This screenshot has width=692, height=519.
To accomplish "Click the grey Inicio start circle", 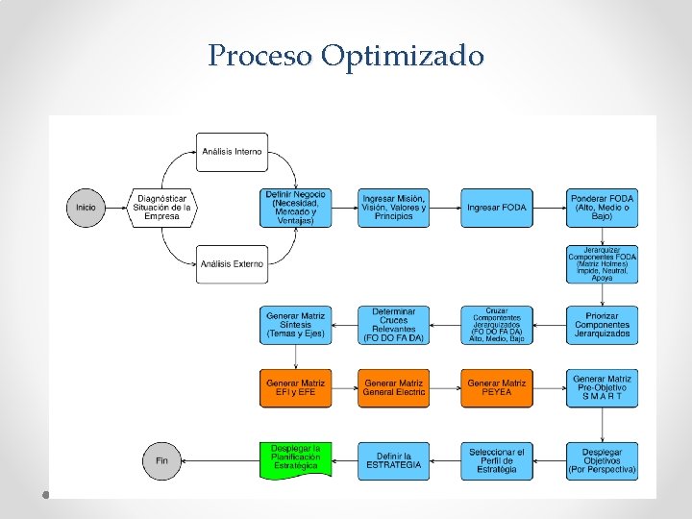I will tap(86, 208).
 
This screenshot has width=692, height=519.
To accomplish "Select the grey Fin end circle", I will tap(161, 461).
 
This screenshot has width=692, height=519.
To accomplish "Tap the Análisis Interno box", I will tap(232, 151).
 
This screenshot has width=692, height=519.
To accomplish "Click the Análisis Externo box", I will tap(232, 264).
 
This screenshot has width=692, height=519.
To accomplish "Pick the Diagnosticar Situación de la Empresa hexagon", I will tap(162, 208).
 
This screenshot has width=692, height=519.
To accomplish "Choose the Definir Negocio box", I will tap(296, 208).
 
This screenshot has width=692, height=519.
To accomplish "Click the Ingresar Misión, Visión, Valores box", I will tap(394, 208).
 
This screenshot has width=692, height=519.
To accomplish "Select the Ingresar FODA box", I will tap(496, 208).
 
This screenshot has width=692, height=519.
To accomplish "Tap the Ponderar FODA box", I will tap(602, 208).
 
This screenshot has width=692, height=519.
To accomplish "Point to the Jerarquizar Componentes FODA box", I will tap(602, 264).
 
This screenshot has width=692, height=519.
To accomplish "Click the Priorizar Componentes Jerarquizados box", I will tap(602, 325).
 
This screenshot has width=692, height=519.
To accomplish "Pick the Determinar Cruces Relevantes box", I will tap(394, 325).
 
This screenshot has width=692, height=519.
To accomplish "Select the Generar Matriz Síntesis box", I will tap(296, 325).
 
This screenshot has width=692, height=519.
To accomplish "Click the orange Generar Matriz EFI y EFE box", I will tap(296, 388).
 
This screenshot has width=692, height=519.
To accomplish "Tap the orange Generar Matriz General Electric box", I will tap(394, 388).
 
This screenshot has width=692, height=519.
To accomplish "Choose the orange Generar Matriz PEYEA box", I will tap(496, 388).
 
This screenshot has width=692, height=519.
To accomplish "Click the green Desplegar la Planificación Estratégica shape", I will tap(296, 459).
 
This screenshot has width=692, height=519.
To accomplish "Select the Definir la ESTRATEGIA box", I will tap(394, 461).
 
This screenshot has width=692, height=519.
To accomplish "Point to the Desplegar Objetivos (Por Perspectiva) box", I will tap(602, 461).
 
